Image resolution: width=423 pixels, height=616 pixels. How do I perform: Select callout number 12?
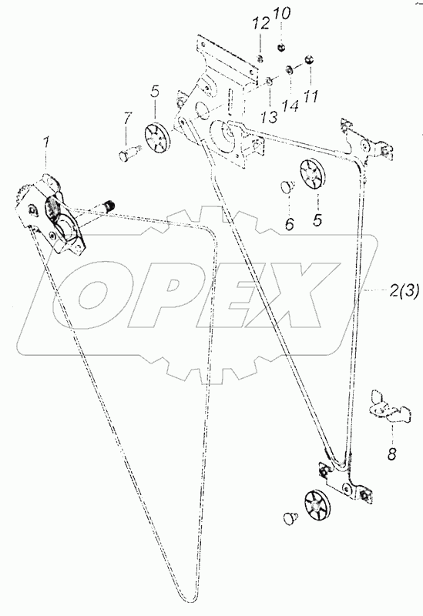(262, 24)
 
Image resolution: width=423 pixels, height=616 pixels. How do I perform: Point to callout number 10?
(282, 14)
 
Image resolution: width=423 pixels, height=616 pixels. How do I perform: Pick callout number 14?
(290, 105)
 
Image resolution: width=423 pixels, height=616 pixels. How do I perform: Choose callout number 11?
(311, 95)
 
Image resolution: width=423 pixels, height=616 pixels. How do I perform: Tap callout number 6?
(289, 224)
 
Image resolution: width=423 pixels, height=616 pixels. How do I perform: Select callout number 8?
(391, 454)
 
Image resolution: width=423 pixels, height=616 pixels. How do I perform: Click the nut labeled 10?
(281, 48)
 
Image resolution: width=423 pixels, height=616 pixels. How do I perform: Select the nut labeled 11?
(309, 61)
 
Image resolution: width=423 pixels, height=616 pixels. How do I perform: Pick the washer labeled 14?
(288, 70)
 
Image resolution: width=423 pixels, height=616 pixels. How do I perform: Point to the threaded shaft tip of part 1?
(110, 205)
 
